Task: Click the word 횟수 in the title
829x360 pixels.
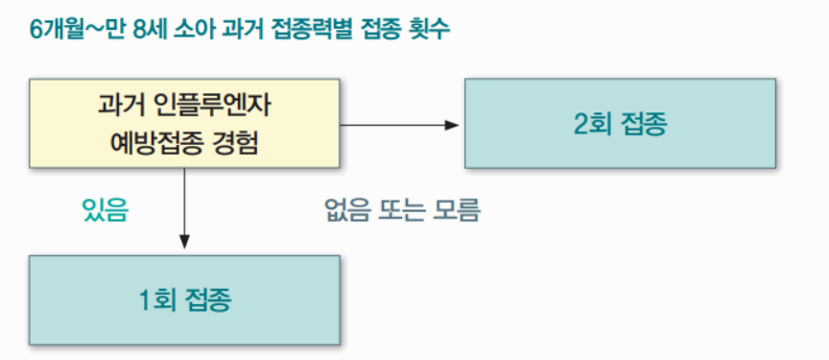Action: pyautogui.click(x=429, y=29)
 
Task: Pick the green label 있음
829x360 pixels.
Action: pyautogui.click(x=106, y=210)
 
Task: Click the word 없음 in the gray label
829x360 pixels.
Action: pyautogui.click(x=347, y=210)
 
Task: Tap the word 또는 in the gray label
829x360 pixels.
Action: pyautogui.click(x=402, y=210)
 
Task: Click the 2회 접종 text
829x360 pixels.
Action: pyautogui.click(x=620, y=123)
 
